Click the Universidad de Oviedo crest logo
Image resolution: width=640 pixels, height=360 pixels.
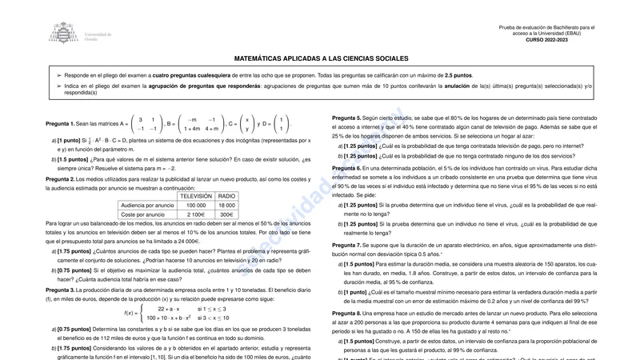pyautogui.click(x=64, y=33)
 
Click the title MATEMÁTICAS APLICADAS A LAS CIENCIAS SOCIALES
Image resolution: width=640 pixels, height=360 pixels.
pyautogui.click(x=321, y=58)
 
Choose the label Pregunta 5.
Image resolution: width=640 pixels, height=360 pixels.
pyautogui.click(x=346, y=118)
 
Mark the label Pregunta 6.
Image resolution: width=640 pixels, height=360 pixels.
pyautogui.click(x=346, y=168)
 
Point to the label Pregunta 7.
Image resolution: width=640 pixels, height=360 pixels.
pyautogui.click(x=346, y=244)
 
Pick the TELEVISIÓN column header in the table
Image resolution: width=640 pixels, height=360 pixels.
pyautogui.click(x=196, y=195)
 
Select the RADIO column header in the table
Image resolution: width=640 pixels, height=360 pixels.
pyautogui.click(x=227, y=195)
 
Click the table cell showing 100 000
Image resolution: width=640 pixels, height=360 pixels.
pyautogui.click(x=196, y=205)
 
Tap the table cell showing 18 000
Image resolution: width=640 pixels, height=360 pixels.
pyautogui.click(x=227, y=205)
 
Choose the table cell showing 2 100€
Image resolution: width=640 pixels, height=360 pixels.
pyautogui.click(x=196, y=214)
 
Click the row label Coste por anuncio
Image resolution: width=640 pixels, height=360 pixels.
pyautogui.click(x=147, y=214)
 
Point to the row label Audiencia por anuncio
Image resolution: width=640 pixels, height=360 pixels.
pyautogui.click(x=147, y=205)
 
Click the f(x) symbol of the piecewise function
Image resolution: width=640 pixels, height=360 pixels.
pyautogui.click(x=129, y=313)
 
